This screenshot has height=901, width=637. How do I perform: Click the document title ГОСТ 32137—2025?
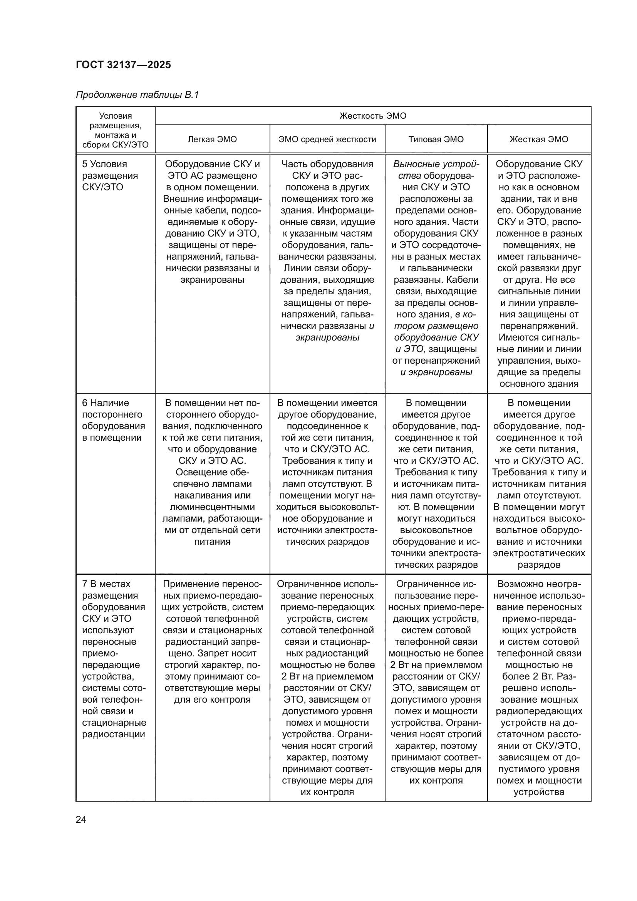(x=124, y=65)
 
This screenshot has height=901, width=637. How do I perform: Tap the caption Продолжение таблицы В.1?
(x=137, y=95)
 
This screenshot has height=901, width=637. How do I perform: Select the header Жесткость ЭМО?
(x=373, y=116)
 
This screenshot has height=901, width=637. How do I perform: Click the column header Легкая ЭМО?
(x=212, y=139)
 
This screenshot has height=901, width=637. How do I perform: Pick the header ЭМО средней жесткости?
(x=327, y=139)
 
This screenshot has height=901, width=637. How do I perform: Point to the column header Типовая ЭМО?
(x=436, y=139)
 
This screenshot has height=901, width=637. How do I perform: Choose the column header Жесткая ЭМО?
(x=538, y=139)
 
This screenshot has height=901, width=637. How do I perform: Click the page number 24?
(x=81, y=819)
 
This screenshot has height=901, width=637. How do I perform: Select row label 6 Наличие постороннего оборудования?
(x=113, y=420)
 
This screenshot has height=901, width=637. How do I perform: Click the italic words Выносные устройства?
(x=436, y=169)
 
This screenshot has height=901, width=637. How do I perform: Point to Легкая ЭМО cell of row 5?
(x=212, y=222)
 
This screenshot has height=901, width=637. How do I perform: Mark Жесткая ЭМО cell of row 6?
(x=538, y=483)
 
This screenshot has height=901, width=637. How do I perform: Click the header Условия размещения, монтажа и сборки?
(x=115, y=130)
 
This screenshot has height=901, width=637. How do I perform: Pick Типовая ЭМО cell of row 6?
(x=436, y=483)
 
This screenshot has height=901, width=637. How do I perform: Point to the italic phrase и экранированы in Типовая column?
(x=436, y=372)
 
